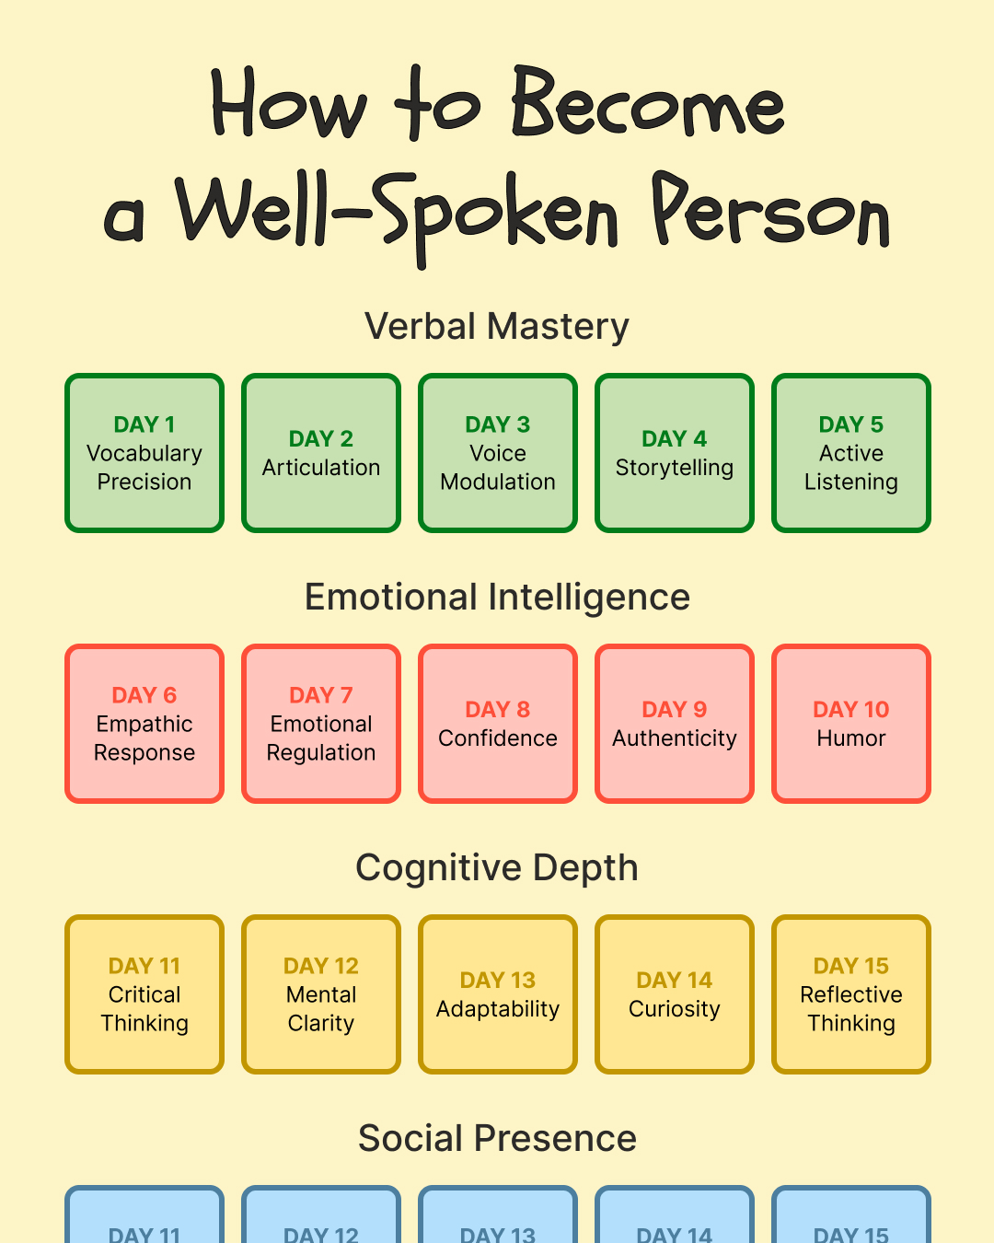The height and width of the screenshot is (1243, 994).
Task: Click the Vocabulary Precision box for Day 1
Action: click(x=144, y=453)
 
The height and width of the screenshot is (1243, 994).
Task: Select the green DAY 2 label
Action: click(x=321, y=439)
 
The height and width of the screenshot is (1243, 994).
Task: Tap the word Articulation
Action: click(x=321, y=468)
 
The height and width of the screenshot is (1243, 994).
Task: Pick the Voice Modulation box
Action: click(x=498, y=453)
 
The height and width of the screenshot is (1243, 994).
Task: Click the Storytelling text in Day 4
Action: click(x=675, y=468)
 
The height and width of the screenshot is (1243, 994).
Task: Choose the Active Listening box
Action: click(x=851, y=453)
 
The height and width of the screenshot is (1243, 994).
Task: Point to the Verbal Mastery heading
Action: click(x=497, y=326)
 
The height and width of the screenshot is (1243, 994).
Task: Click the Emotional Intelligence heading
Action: click(x=497, y=598)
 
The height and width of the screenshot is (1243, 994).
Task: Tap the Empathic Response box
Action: click(x=144, y=724)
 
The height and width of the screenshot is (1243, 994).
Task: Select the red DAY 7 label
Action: click(x=321, y=695)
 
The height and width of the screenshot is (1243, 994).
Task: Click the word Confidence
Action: click(x=498, y=738)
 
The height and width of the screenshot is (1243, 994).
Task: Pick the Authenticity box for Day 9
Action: click(x=675, y=724)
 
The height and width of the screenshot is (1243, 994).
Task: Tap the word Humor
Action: click(x=851, y=738)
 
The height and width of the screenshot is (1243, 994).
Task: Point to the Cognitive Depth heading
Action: click(x=497, y=867)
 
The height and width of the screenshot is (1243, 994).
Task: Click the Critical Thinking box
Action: click(x=144, y=994)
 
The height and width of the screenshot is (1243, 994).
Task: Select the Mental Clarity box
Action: click(x=321, y=994)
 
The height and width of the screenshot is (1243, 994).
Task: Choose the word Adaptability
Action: click(x=498, y=1009)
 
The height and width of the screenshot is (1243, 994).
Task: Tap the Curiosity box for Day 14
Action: click(x=675, y=994)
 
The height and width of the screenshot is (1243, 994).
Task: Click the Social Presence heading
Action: click(x=497, y=1138)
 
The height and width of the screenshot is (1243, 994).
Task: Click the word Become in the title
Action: click(x=648, y=102)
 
